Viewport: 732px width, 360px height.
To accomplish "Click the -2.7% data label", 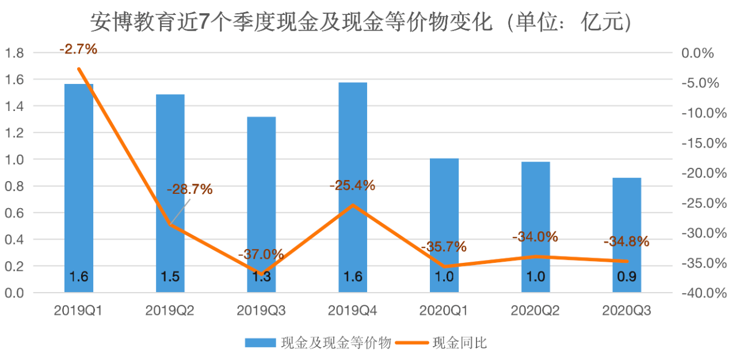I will tap(78, 49).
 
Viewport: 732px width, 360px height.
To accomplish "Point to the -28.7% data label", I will tap(190, 189).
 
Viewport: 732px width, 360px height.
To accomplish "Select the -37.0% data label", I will tap(261, 254).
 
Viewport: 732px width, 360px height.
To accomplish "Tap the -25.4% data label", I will tap(352, 186).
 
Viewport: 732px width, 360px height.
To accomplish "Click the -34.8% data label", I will tap(626, 242).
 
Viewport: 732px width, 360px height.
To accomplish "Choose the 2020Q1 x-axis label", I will tap(444, 311).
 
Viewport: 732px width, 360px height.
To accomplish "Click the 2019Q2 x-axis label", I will tap(170, 311).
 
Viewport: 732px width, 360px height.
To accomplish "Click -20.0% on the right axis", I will tap(696, 173).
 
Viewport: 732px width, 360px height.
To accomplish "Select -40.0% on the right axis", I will tap(696, 293).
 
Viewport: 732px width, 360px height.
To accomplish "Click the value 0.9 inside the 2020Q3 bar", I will tap(627, 277).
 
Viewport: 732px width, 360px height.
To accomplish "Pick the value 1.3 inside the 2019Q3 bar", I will tap(261, 277).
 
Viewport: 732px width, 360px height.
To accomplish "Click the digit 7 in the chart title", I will tap(204, 22).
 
